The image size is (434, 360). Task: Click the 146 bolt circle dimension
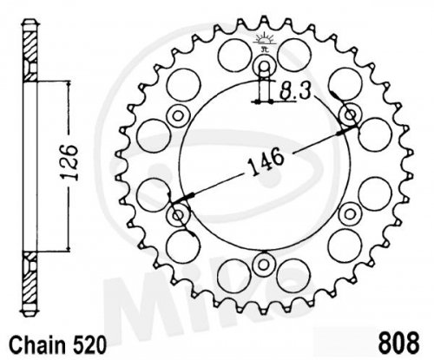click(x=266, y=161)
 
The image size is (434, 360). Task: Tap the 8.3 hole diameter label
click(x=295, y=92)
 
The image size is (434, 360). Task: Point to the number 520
click(x=89, y=345)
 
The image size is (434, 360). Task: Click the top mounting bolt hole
click(x=264, y=66)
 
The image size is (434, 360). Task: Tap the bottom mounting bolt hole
click(x=263, y=265)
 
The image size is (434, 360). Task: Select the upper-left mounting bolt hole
click(x=178, y=116)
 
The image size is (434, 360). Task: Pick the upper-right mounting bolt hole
click(x=351, y=115)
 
